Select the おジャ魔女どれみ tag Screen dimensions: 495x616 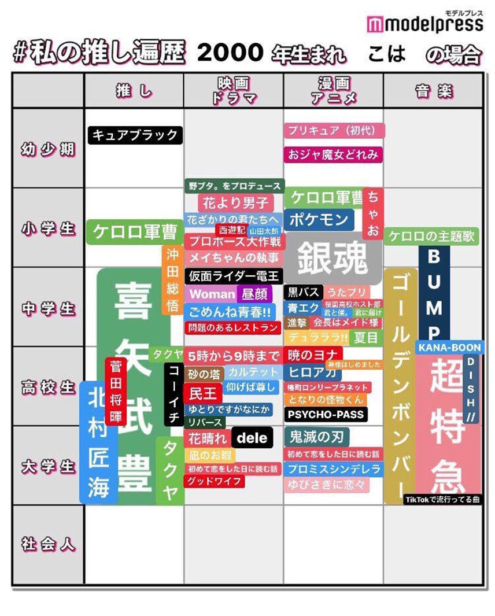(x=334, y=154)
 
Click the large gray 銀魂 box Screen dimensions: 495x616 (x=333, y=259)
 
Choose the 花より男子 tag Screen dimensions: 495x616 (x=235, y=202)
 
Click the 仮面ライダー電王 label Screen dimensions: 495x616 (x=234, y=276)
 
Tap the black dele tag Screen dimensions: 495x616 (x=252, y=438)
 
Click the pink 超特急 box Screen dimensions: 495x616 (x=448, y=425)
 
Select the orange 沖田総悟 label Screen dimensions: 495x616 (x=172, y=281)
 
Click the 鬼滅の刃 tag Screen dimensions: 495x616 (x=316, y=436)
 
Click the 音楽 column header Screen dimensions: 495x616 (x=433, y=91)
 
